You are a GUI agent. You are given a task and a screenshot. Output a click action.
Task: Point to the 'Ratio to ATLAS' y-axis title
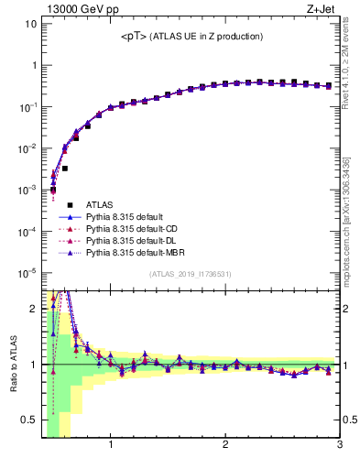click(12, 363)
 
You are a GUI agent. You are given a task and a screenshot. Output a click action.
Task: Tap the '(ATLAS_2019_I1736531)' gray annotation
click(191, 274)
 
